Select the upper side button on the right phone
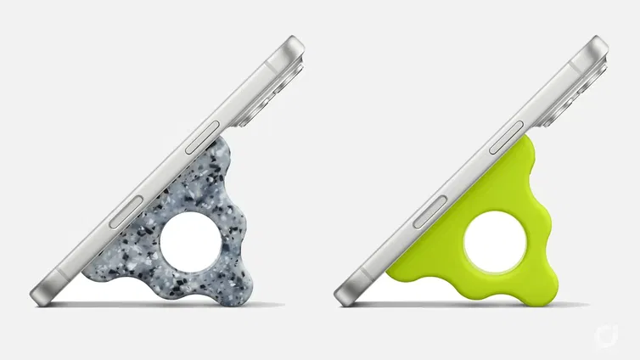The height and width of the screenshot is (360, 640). (508, 138)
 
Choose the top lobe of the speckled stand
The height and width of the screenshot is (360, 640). (222, 155)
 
